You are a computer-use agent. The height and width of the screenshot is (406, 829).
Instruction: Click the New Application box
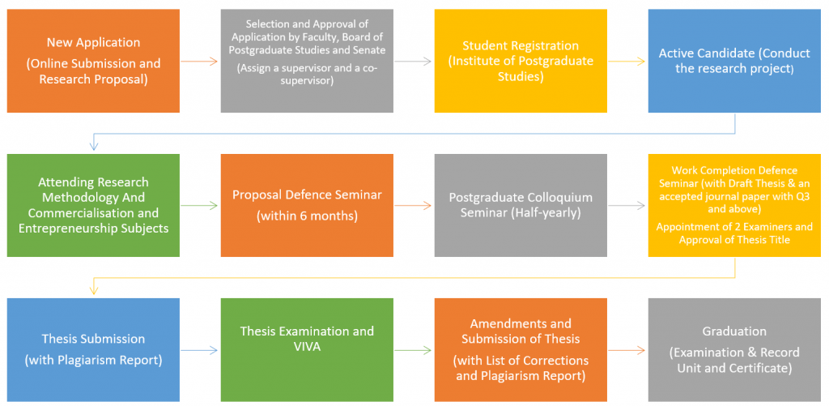point(93,61)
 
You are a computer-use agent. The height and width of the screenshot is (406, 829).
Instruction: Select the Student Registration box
point(521,61)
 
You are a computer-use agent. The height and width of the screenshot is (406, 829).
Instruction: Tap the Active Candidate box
point(734,61)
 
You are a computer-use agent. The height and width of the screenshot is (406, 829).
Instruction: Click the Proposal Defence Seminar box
point(307,205)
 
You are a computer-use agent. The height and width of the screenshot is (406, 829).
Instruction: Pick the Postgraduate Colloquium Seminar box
point(521,205)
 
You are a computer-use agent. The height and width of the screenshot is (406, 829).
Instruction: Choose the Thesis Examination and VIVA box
point(307,350)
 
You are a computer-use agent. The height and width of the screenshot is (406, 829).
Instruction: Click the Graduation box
point(734,350)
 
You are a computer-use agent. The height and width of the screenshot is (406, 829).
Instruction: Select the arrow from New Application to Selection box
point(199,62)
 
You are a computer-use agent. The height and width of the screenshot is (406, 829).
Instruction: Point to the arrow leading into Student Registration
point(414,62)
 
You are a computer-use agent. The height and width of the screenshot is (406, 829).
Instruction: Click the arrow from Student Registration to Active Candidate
point(627,62)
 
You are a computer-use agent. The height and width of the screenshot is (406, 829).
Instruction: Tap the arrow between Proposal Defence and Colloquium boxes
point(414,206)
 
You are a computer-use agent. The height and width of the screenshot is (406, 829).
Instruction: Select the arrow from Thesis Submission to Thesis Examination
point(199,350)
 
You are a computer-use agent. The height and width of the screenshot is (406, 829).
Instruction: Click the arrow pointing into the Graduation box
point(627,350)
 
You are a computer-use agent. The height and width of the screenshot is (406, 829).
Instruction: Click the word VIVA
point(307,346)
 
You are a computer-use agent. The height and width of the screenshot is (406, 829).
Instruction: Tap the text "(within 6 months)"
point(307,216)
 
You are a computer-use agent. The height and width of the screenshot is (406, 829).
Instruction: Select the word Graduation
point(734,332)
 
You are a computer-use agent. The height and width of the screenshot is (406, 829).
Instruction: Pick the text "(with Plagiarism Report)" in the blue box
point(93,361)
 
